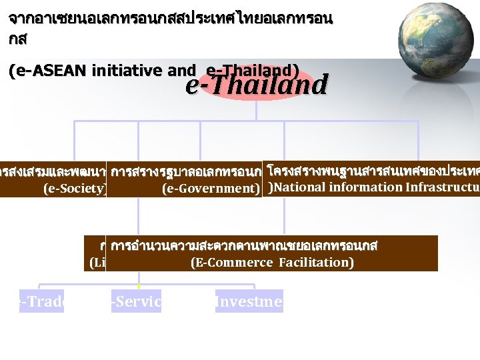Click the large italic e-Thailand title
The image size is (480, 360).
tap(257, 85)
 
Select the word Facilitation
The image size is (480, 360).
tap(317, 263)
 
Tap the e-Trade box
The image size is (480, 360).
tap(41, 301)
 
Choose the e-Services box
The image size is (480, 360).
tap(137, 301)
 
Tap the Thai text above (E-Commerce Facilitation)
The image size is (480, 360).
tap(244, 246)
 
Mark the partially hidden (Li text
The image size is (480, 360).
tap(97, 263)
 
